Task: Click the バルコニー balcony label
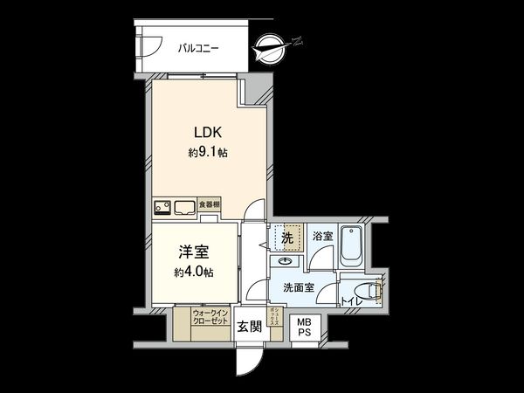(198, 49)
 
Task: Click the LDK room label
(209, 134)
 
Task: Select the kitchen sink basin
(185, 207)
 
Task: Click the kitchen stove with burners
(162, 207)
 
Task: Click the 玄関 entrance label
(249, 327)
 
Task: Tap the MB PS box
(304, 327)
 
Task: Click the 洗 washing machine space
(286, 237)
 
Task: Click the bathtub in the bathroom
(351, 246)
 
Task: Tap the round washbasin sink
(286, 261)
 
